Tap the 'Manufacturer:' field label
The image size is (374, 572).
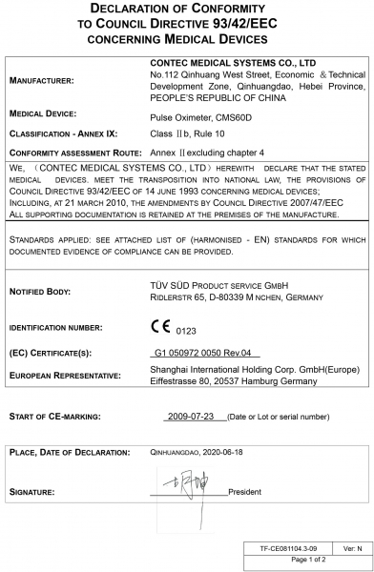pos(41,81)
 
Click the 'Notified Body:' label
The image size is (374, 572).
pos(42,290)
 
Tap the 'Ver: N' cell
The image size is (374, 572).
pos(352,548)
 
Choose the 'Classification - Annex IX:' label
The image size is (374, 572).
pos(63,133)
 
